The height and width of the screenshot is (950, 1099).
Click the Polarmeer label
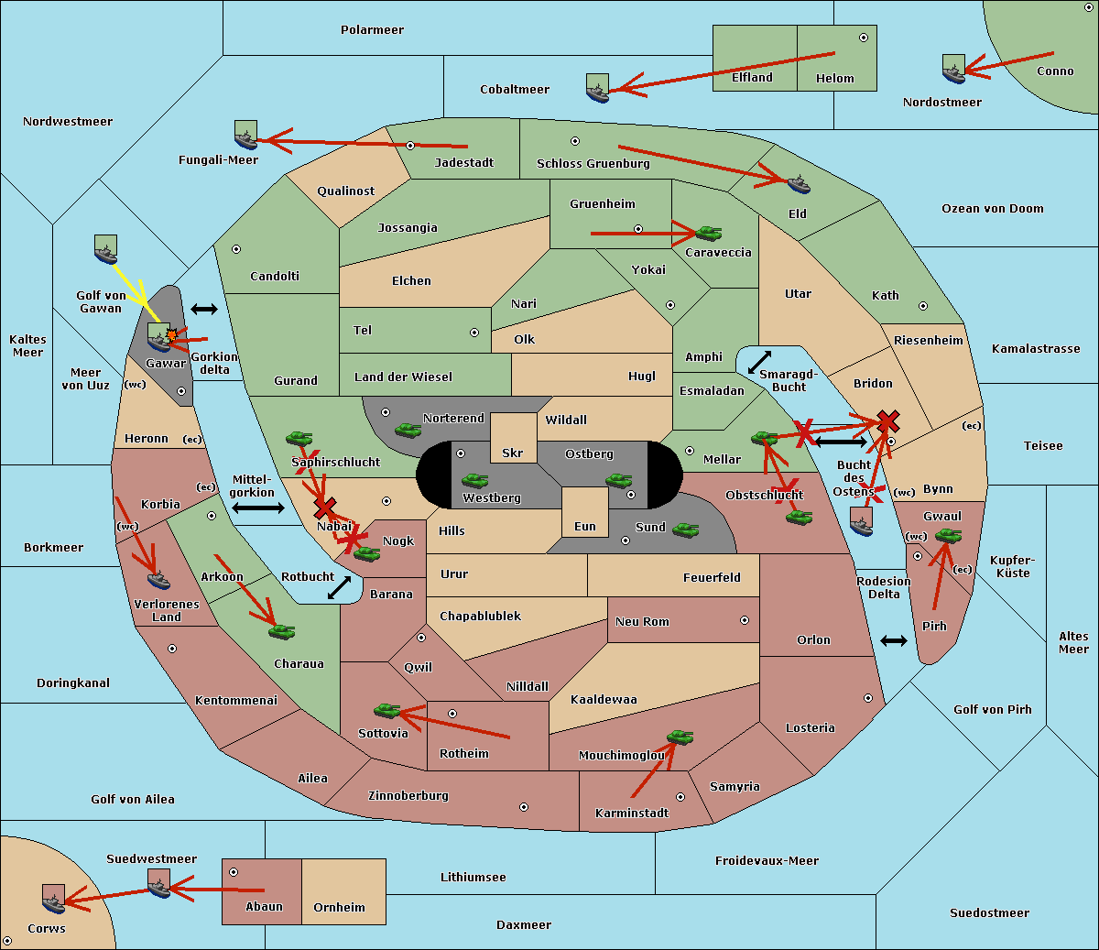click(372, 30)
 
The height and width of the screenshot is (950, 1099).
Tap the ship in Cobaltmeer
click(597, 88)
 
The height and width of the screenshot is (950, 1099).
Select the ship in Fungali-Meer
click(245, 136)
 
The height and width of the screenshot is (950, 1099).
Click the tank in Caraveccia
click(708, 234)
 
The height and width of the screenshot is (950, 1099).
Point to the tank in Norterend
click(408, 430)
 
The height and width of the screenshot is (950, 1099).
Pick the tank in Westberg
click(474, 480)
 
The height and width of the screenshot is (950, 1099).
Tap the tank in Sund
click(685, 530)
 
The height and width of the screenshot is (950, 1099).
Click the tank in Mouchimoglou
click(680, 737)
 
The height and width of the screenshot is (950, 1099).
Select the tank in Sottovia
click(387, 710)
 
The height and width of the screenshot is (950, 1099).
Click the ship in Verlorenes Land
click(158, 579)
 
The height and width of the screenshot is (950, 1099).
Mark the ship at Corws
click(53, 900)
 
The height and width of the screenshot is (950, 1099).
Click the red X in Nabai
click(324, 508)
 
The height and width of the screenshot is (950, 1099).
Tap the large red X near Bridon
click(887, 421)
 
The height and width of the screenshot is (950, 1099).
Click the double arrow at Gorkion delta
click(204, 310)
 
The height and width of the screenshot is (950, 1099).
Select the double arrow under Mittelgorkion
click(258, 508)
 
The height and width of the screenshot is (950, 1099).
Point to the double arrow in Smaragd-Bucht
click(759, 363)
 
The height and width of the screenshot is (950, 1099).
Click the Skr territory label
click(512, 453)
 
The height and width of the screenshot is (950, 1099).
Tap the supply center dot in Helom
click(863, 38)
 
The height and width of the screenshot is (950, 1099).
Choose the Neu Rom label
click(642, 621)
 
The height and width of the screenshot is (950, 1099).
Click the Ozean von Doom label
click(992, 209)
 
